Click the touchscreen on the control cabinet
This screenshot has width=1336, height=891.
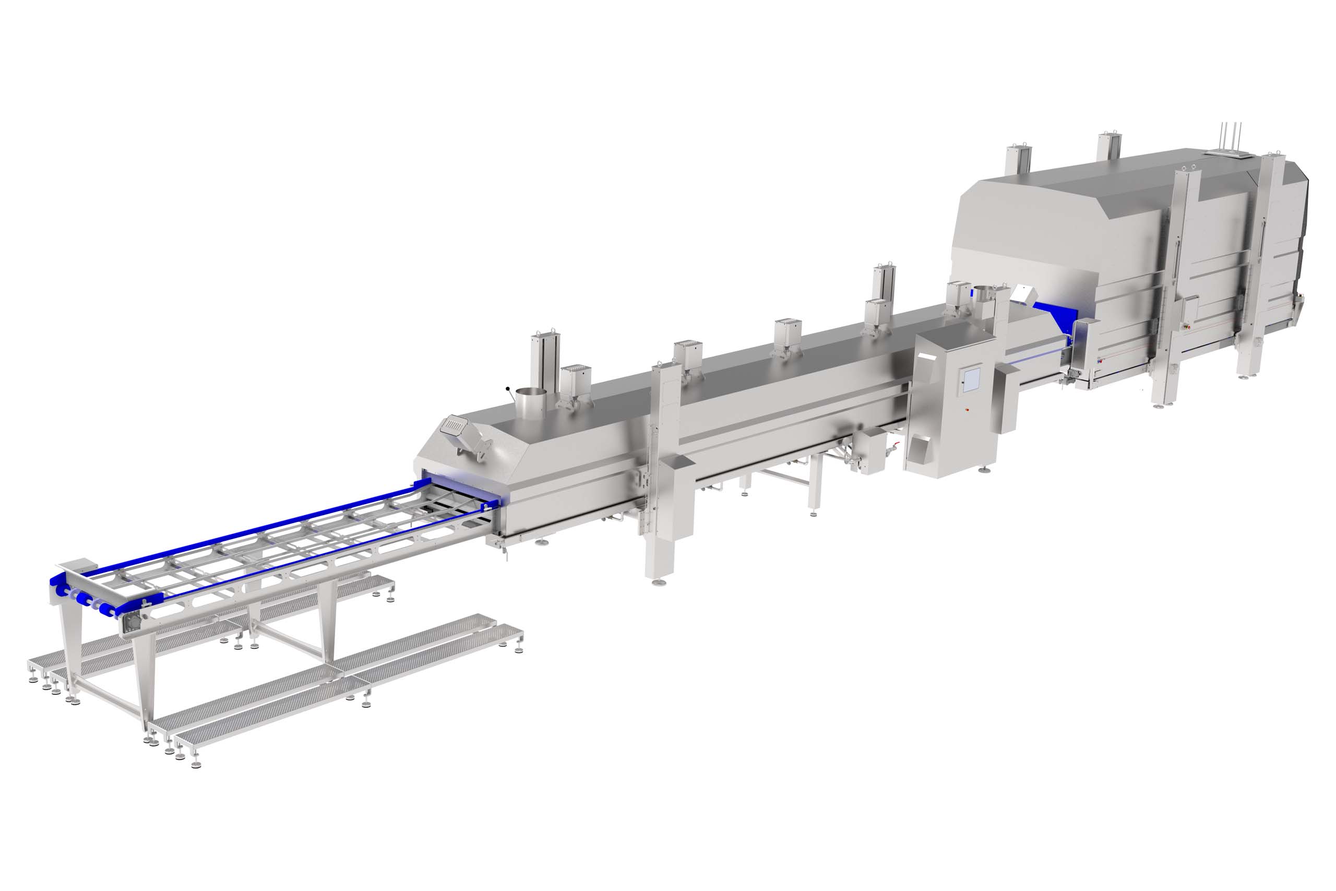click(x=970, y=379)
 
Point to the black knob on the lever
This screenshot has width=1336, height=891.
click(x=507, y=389)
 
